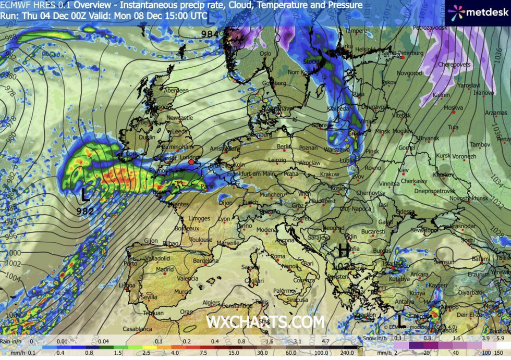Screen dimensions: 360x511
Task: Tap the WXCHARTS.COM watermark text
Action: pos(265,322)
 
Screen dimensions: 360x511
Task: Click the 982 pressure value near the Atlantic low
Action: pos(85,211)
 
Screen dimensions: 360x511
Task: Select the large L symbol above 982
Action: pos(85,196)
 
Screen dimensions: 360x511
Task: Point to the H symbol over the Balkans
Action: pos(344,251)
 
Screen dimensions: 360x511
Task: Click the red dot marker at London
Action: pos(191,162)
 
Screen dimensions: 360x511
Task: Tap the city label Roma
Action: pos(277,256)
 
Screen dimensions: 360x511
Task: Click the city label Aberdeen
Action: pos(176,90)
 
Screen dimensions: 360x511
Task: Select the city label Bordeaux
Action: pos(187,228)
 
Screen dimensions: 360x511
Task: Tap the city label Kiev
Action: pos(403,170)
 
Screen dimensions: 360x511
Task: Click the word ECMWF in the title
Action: pos(14,5)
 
